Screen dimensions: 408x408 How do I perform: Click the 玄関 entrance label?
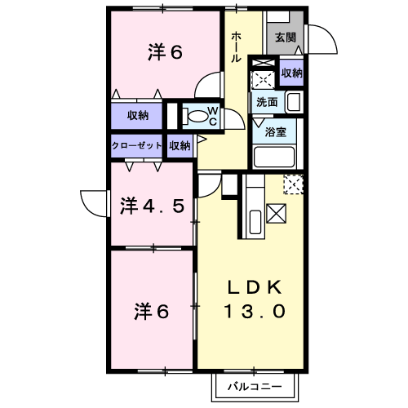point(286,38)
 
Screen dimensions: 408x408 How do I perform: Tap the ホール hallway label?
point(236,47)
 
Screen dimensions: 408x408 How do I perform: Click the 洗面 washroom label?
point(267,102)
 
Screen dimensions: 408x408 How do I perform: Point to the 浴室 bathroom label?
point(275,132)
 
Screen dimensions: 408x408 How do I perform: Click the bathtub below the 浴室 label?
point(274,157)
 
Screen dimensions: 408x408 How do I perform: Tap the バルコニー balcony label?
point(255,387)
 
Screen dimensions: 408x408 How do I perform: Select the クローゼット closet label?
point(137,146)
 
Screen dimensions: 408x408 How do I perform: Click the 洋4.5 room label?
point(152,206)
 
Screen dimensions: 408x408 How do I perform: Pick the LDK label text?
point(255,287)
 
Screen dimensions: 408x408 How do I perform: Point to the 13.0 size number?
point(255,311)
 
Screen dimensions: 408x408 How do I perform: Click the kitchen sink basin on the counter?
point(255,222)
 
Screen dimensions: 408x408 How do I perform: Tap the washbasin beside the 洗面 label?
point(294,102)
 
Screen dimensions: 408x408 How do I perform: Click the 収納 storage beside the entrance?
point(291,73)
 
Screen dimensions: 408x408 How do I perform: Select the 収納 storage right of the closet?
point(180,146)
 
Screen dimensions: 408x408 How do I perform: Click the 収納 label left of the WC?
point(138,116)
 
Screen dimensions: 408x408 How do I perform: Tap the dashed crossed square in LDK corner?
point(293,184)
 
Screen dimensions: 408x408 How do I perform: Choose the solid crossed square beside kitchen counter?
point(276,214)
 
